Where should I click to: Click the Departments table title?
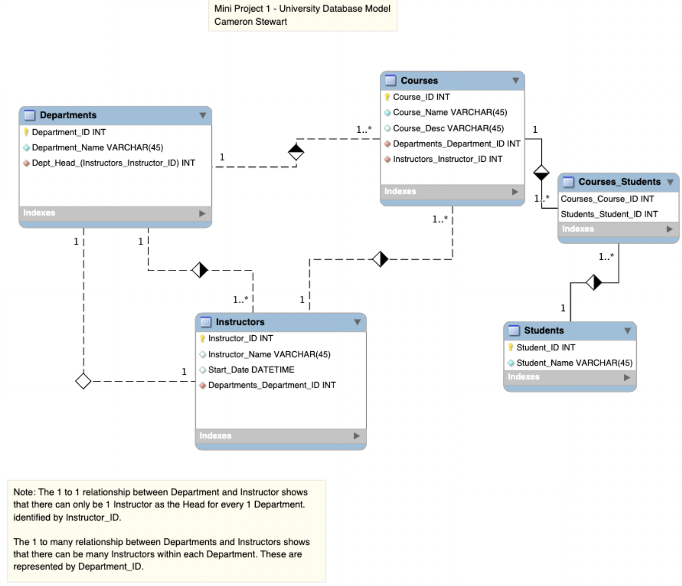tap(68, 115)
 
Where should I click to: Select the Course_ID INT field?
tap(421, 97)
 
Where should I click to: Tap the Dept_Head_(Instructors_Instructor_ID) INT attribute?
tap(113, 163)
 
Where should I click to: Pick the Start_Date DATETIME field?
tap(251, 370)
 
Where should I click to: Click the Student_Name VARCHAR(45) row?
tap(574, 363)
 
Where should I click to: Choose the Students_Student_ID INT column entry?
tap(609, 214)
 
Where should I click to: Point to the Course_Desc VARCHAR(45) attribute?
tap(448, 128)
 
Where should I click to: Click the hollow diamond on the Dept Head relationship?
tap(83, 381)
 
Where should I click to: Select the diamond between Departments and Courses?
tap(296, 152)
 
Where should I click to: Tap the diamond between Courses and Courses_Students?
tap(541, 172)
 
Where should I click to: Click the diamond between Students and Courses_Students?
tap(594, 282)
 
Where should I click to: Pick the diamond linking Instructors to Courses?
tap(380, 259)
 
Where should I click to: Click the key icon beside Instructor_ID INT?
tap(202, 339)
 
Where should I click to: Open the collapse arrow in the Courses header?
tap(515, 80)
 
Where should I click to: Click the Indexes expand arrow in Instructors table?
tap(357, 436)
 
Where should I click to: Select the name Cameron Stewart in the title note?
tap(251, 22)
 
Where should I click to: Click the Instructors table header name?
tap(240, 322)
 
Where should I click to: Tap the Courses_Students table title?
tap(619, 182)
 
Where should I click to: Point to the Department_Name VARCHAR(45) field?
tap(97, 148)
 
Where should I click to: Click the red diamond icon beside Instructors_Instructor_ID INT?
tap(387, 159)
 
